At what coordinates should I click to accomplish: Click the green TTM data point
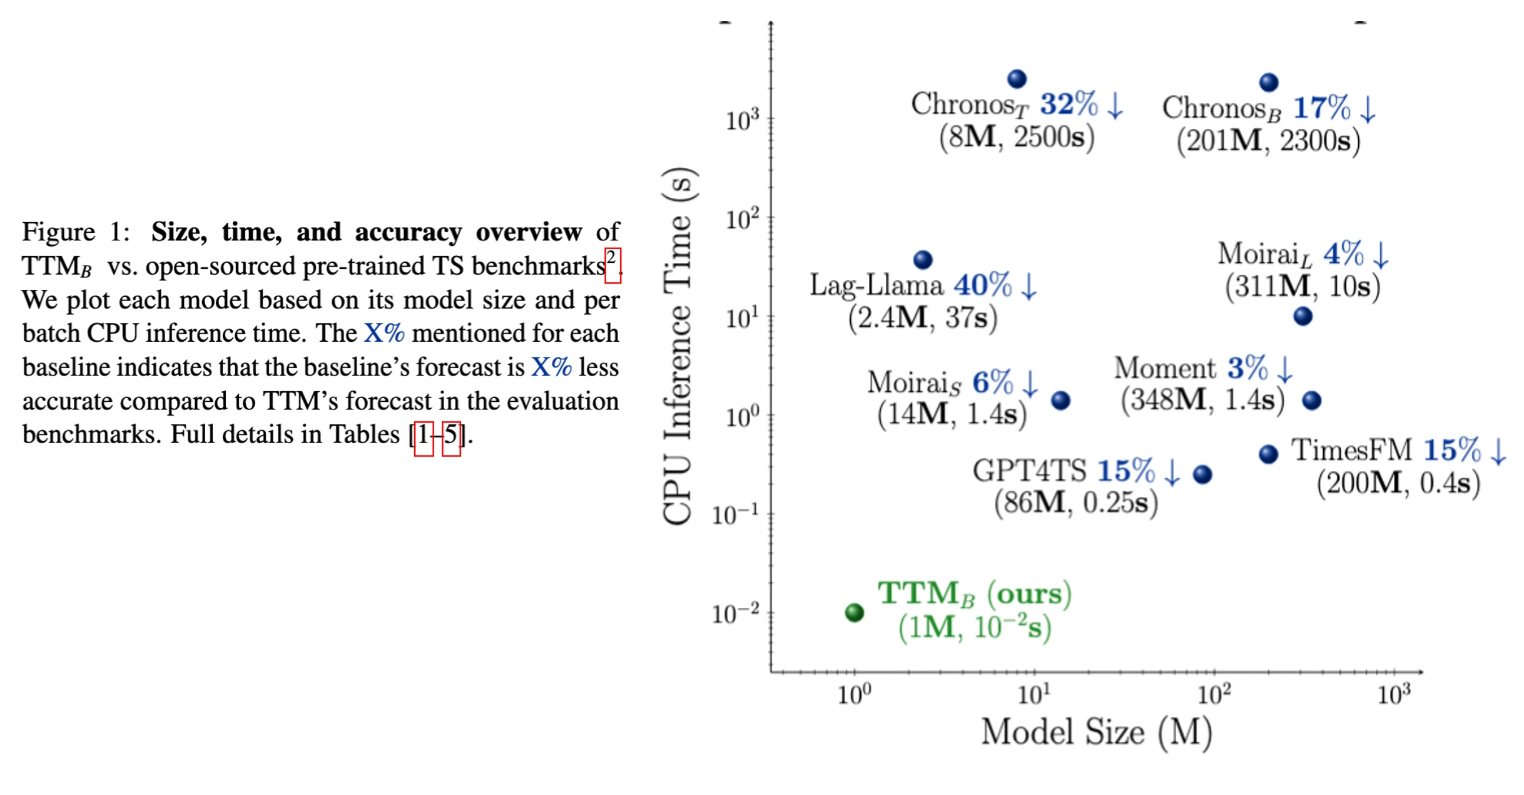coord(854,612)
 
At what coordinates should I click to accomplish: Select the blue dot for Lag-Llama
coord(923,259)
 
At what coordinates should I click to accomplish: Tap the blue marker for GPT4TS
coord(1202,474)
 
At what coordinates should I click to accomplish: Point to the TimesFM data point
coord(1268,454)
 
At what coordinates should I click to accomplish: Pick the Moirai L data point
coord(1303,316)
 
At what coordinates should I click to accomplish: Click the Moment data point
coord(1311,400)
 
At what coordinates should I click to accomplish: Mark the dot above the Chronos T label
coord(1017,79)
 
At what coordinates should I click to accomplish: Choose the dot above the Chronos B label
coord(1269,82)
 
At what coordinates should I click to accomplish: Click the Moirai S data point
coord(1060,400)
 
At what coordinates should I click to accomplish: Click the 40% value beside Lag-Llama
coord(982,285)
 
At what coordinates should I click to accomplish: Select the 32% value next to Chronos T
coord(1069,104)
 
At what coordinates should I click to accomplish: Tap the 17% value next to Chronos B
coord(1321,108)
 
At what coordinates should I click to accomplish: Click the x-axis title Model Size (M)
coord(1096,732)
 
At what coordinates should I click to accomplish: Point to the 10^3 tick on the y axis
coord(742,120)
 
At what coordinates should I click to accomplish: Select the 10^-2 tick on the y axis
coord(736,613)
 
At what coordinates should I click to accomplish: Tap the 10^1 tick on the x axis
coord(1034,694)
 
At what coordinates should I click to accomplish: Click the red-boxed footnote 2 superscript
coord(612,265)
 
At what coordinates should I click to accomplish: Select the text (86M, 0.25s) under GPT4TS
coord(1076,503)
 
